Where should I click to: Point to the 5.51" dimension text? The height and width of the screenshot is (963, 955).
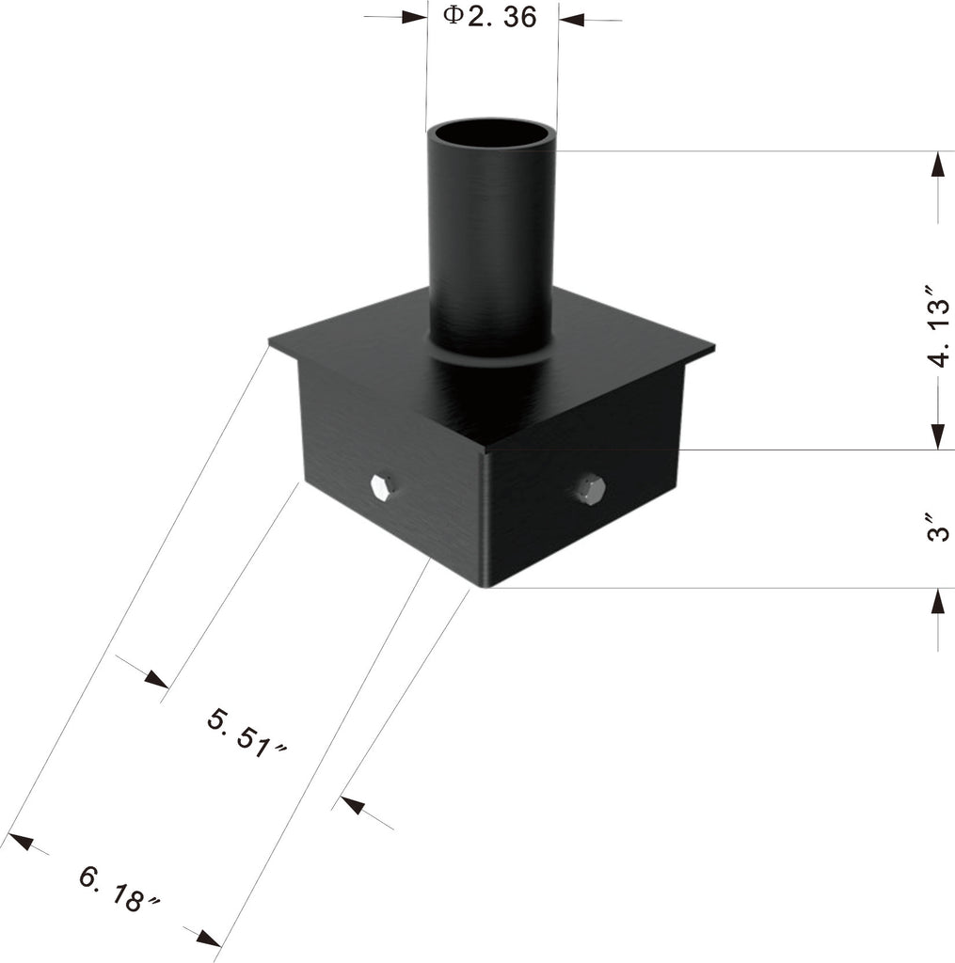tap(247, 732)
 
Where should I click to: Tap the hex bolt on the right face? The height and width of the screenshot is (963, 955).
tap(590, 489)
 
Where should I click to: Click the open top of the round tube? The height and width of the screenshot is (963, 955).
tap(491, 134)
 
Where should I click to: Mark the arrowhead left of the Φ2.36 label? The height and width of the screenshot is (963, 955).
tap(414, 17)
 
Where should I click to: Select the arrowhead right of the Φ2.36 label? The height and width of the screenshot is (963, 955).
tap(571, 19)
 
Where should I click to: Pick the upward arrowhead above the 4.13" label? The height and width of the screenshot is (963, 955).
tap(937, 165)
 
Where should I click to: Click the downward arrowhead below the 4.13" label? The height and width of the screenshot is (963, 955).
tap(937, 435)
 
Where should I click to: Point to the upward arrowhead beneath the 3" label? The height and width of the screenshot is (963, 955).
tap(937, 601)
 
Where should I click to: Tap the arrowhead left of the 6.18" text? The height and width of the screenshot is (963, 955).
tap(20, 839)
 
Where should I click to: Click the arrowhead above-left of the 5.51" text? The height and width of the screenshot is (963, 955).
tap(155, 678)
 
